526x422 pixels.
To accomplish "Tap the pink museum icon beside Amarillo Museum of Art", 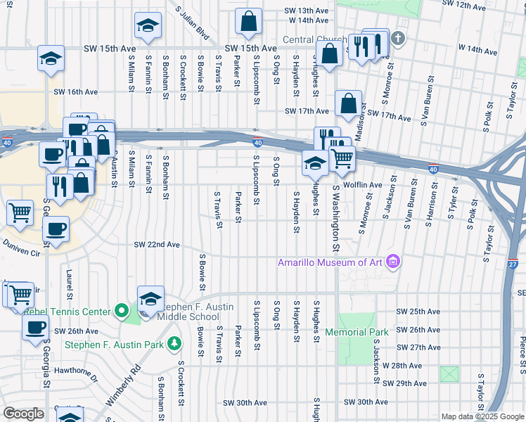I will pos(392,262).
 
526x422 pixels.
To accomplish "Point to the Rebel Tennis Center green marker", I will pos(122,310).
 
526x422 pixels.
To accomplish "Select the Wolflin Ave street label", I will pos(361,184).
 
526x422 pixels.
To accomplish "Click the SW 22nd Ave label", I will pos(158,245).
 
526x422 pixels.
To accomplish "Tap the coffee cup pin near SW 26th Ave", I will pos(36,326).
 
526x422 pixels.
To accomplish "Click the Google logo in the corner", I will pos(23,414).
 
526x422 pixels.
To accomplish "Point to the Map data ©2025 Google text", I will pos(482,416).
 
